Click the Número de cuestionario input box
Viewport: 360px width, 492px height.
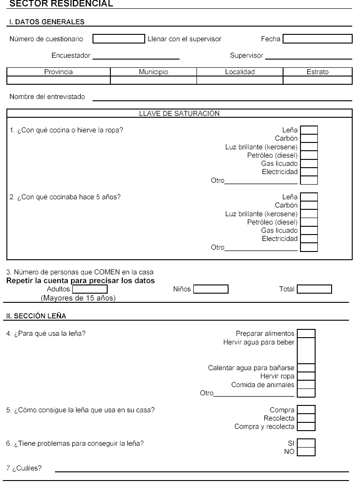[119, 39]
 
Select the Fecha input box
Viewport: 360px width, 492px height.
[317, 39]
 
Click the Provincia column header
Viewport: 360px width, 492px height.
[59, 72]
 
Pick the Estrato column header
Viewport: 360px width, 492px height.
[317, 72]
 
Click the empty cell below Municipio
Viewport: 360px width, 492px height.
[153, 80]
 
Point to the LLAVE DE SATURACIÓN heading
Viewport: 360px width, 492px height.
[179, 113]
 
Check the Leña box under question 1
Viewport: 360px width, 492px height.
[309, 130]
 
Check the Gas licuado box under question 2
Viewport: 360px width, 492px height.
[309, 230]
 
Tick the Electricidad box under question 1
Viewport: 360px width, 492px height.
[309, 172]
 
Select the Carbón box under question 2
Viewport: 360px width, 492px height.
[309, 205]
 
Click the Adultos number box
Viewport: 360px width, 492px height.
[90, 289]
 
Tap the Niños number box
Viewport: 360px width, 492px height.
[211, 289]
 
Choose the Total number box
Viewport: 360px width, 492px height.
[314, 289]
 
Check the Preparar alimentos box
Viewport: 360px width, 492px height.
[306, 333]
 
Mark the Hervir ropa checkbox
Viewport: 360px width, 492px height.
[306, 376]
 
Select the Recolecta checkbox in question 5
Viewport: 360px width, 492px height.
[306, 418]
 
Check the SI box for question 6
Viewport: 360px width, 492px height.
[306, 443]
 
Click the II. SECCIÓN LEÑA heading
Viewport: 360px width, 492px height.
[33, 315]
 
